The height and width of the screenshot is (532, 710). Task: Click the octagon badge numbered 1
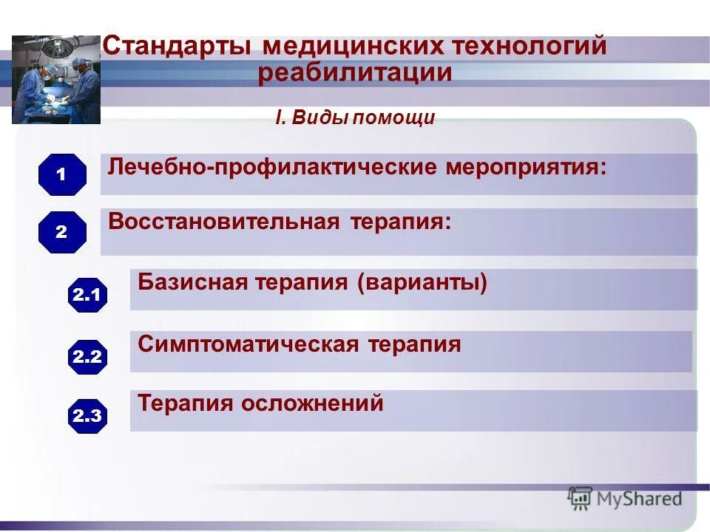point(62,175)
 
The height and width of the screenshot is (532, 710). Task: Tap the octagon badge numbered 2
point(62,232)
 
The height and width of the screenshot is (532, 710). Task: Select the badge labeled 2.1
point(87,296)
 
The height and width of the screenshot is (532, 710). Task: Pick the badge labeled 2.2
point(87,357)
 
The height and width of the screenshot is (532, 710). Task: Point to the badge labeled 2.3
point(87,416)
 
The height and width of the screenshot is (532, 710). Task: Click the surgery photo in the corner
point(56,80)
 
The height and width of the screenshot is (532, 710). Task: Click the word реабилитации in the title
point(355,73)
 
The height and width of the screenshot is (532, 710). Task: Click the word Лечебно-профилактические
point(273,166)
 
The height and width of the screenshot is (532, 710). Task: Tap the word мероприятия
point(526,166)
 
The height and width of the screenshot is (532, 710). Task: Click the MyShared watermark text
point(639,499)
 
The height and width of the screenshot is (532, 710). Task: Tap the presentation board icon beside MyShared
point(581,499)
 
